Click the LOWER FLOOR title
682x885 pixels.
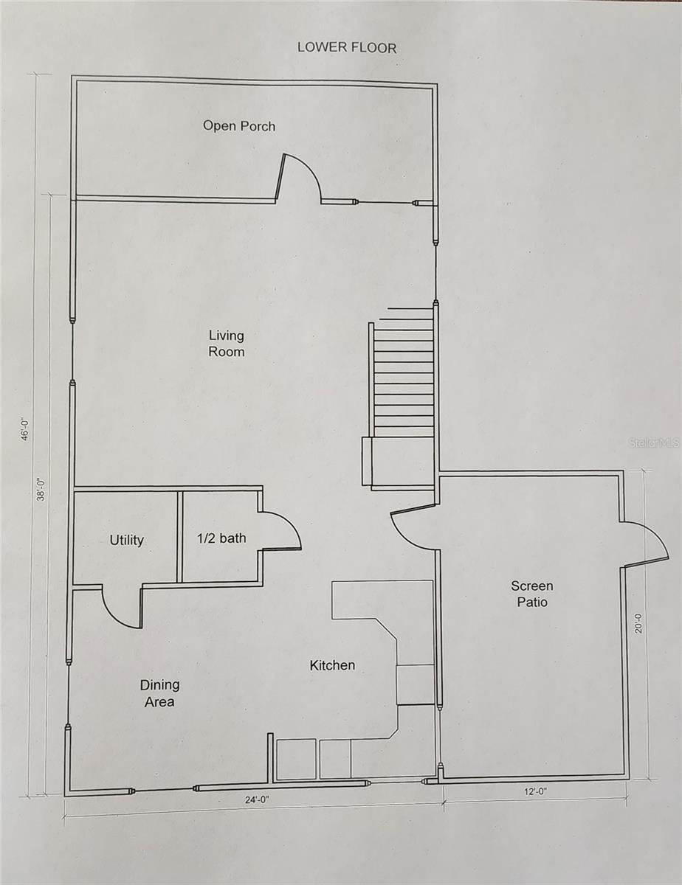click(347, 47)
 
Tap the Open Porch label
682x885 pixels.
click(239, 126)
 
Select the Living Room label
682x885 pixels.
click(226, 344)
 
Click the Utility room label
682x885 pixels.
click(127, 540)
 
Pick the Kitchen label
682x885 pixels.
click(332, 665)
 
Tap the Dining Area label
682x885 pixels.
click(159, 693)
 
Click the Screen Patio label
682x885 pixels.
click(531, 594)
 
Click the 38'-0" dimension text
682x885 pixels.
click(42, 487)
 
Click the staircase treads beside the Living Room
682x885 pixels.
click(403, 376)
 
